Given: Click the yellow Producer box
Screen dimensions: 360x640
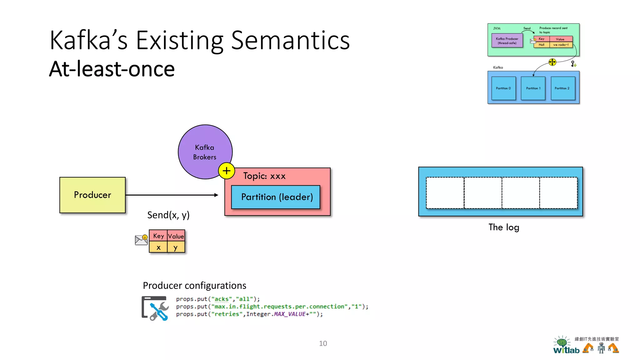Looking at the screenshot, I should coord(92,195).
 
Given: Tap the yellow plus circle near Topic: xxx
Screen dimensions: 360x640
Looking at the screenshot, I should coord(227,171).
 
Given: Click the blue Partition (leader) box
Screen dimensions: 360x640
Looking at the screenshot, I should coord(276,197).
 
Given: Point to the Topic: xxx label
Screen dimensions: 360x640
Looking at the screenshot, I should coord(264,176).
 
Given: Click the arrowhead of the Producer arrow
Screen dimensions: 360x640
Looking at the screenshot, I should coord(216,195).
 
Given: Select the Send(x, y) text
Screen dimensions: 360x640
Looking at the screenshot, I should coord(168,215).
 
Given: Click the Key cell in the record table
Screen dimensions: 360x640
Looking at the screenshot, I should coord(158,236).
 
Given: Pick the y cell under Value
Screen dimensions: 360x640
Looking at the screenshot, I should coord(176,247).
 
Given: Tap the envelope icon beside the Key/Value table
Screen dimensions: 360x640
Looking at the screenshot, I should coord(141,240).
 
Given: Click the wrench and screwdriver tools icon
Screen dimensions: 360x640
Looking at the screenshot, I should coord(155,308).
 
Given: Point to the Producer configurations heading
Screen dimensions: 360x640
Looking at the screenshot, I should coord(194,286).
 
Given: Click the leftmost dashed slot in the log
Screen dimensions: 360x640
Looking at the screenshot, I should coord(445,193).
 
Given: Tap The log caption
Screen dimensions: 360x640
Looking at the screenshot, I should coord(504,227).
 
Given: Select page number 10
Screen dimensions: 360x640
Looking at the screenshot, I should coord(323,343).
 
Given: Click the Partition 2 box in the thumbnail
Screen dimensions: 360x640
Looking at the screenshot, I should coord(562,88).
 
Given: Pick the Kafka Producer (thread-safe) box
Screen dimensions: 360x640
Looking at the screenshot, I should coord(507,41).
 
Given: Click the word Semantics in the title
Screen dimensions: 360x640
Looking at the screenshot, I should coord(290,41).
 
